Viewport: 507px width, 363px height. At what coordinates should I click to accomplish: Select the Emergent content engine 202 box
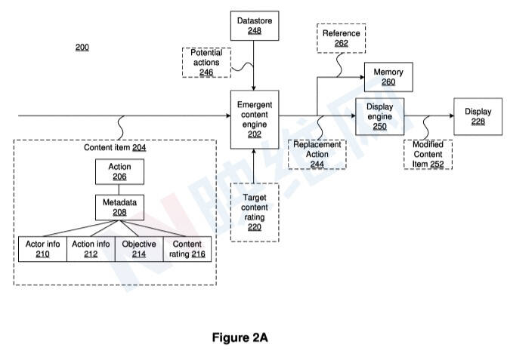coord(254,118)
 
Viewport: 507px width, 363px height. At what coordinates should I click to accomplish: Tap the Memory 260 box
coord(389,77)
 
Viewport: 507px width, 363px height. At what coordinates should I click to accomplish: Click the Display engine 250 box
coord(379,116)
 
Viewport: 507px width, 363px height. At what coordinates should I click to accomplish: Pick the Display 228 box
coord(478,116)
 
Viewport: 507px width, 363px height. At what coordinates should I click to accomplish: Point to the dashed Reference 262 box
coord(341,38)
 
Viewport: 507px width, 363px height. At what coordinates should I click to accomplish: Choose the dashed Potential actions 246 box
coord(206,63)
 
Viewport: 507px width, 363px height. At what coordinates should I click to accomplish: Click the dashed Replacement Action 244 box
coord(317,154)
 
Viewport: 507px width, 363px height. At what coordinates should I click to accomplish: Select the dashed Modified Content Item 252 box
coord(428,154)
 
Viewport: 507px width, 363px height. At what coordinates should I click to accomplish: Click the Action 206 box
coord(119,172)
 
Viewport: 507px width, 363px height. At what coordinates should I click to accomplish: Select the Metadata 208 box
coord(119,208)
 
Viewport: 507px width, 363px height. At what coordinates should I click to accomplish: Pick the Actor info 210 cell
coord(42,249)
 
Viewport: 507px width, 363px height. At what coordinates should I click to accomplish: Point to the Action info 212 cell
coord(91,249)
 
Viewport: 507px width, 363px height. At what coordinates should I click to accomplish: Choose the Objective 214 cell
coord(139,249)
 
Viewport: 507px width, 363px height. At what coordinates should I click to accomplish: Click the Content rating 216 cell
coord(187,249)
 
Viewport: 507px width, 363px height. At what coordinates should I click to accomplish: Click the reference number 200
coord(82,48)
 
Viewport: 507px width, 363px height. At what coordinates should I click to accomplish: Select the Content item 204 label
coord(115,148)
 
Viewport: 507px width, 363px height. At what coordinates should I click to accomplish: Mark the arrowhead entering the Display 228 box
coord(450,116)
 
